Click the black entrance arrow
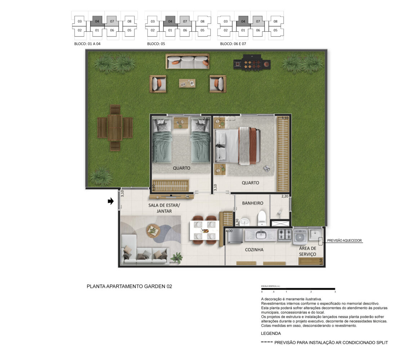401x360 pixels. coord(111,201)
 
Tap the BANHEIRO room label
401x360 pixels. coord(253,203)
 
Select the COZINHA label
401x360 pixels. coord(254,249)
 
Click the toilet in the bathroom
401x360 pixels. coord(262,218)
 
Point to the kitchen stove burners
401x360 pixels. coord(285,234)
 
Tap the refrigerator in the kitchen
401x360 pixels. coord(235,236)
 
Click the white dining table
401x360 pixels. coord(204,230)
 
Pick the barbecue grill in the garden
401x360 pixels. coord(252,62)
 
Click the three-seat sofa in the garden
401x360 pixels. coord(187,61)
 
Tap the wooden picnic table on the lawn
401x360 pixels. coord(115,128)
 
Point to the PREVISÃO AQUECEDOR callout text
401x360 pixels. coord(344,240)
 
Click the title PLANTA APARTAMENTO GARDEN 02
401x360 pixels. coord(129,287)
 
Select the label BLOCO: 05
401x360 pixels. coord(156,44)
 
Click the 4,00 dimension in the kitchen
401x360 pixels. coord(229,231)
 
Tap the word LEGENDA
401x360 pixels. coord(271,333)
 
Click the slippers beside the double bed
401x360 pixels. coord(267,168)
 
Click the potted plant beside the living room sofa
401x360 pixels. coord(177,257)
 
